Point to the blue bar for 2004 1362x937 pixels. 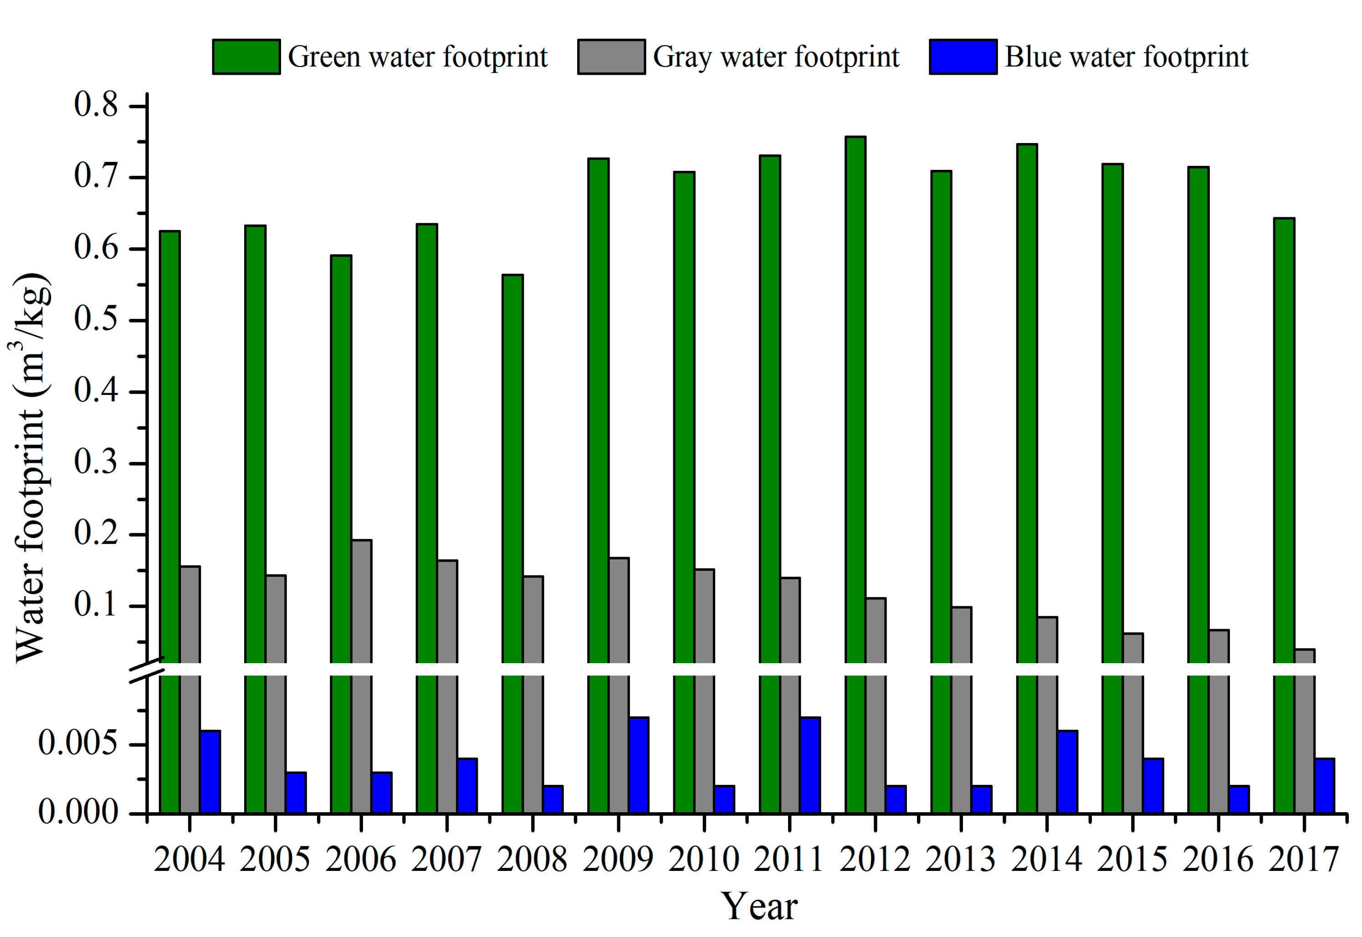tap(210, 772)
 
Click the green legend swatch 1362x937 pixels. tap(246, 57)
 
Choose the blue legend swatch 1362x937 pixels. tap(963, 57)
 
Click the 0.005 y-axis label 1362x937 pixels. tap(77, 743)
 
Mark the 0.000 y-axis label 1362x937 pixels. tap(77, 813)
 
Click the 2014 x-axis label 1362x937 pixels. tap(1046, 860)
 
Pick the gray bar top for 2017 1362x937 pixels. tap(1305, 650)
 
